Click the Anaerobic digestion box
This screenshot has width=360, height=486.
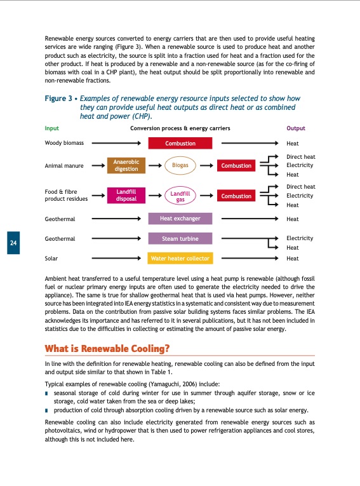click(x=126, y=165)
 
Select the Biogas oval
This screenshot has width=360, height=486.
click(x=180, y=165)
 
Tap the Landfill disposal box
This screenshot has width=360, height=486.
click(x=126, y=196)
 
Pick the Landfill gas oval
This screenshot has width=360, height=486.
click(x=180, y=196)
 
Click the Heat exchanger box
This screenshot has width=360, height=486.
click(x=180, y=219)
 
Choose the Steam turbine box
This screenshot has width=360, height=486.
click(x=180, y=239)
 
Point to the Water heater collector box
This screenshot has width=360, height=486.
click(x=180, y=259)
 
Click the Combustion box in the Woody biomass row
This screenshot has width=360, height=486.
click(x=180, y=144)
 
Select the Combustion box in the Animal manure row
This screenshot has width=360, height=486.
click(x=236, y=166)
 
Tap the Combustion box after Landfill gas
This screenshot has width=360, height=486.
click(x=236, y=196)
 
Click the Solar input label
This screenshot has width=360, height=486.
click(x=51, y=259)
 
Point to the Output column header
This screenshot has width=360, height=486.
click(x=296, y=128)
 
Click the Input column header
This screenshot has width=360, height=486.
click(x=52, y=128)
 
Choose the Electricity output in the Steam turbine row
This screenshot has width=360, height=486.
click(x=300, y=238)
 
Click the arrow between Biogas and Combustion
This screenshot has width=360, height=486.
click(x=208, y=166)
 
